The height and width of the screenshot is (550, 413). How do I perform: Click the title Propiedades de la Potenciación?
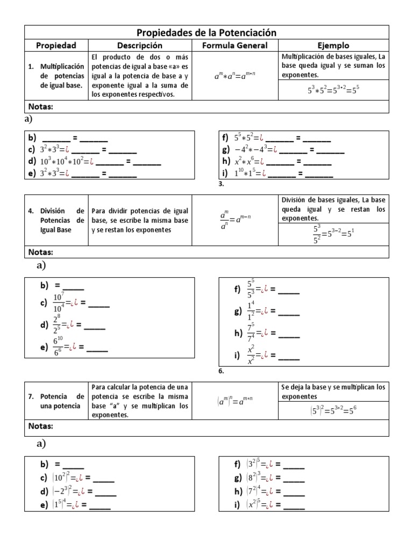(x=206, y=33)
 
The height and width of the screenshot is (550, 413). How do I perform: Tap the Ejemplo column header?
(x=333, y=46)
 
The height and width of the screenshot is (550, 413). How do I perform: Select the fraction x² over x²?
(x=251, y=355)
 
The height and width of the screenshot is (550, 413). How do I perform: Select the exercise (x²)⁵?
(x=255, y=504)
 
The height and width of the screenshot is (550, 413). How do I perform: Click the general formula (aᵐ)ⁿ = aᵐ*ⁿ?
(x=234, y=400)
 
